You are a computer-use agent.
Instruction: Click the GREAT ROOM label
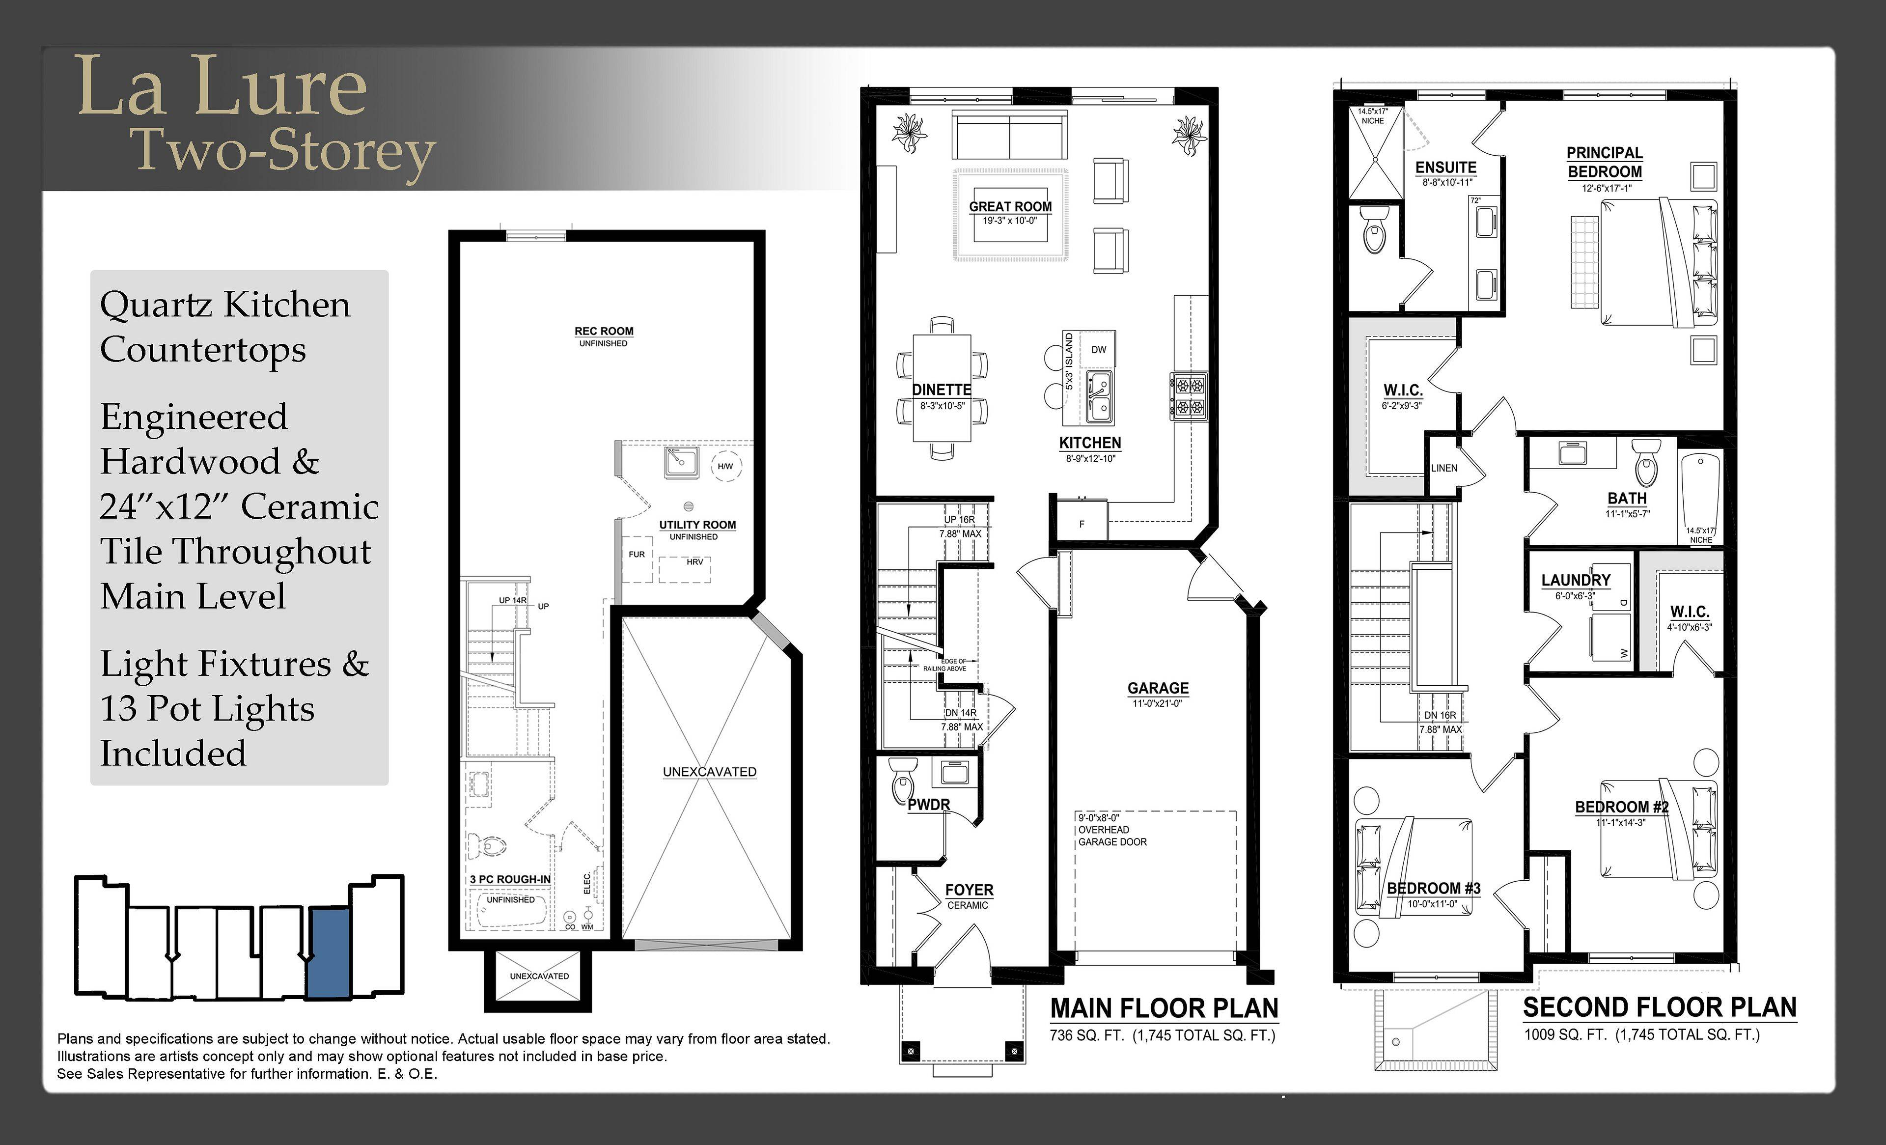(1010, 207)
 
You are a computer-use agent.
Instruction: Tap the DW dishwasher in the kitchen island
(1098, 349)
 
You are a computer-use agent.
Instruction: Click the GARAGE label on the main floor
(1158, 688)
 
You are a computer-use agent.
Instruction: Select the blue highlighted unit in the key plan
(329, 953)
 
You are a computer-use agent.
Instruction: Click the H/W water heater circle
(725, 466)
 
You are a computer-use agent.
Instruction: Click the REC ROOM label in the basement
(604, 332)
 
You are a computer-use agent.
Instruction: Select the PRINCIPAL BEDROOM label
(1604, 162)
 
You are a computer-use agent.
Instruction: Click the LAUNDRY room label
(1576, 580)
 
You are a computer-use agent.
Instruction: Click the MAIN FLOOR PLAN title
(1164, 1009)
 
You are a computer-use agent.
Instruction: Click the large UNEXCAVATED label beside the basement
(710, 772)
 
